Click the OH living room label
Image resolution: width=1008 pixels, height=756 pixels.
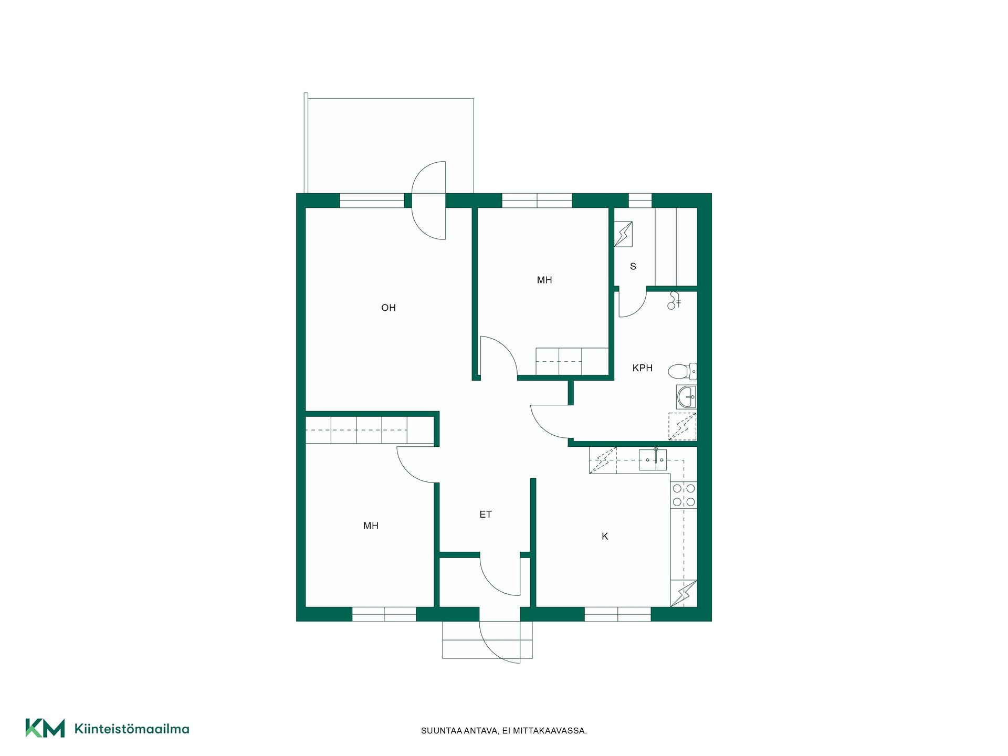tap(388, 308)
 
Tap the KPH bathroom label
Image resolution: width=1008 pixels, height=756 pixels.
tap(642, 368)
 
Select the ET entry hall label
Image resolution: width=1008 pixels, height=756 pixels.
tap(486, 514)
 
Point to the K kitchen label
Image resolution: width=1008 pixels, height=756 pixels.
tap(605, 536)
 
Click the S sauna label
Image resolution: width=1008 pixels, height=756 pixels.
tap(633, 266)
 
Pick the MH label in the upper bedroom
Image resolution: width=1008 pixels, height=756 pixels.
tap(544, 280)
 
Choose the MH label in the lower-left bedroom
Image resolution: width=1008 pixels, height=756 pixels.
tap(371, 526)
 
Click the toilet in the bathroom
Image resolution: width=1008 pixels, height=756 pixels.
tap(682, 371)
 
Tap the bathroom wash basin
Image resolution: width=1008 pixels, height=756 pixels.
tap(686, 397)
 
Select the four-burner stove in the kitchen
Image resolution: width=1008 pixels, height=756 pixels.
tap(684, 495)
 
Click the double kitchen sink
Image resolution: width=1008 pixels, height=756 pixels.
tap(653, 459)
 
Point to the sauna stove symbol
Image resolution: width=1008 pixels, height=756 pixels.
tap(623, 234)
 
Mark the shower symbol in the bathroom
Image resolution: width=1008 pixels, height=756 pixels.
tap(682, 426)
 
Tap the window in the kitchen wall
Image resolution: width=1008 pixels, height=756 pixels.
tap(617, 614)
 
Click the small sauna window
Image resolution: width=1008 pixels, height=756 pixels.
tap(640, 201)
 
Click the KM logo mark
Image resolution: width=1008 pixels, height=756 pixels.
tap(45, 728)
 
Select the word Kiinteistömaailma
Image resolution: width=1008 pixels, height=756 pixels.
tap(132, 729)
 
